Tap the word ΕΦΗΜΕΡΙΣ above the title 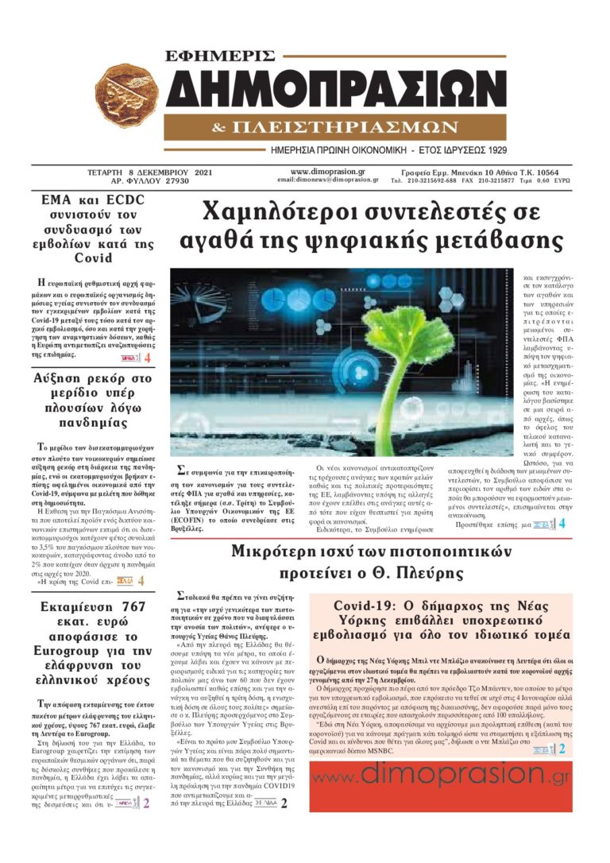point(222,56)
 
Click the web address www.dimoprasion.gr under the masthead point(327,171)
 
